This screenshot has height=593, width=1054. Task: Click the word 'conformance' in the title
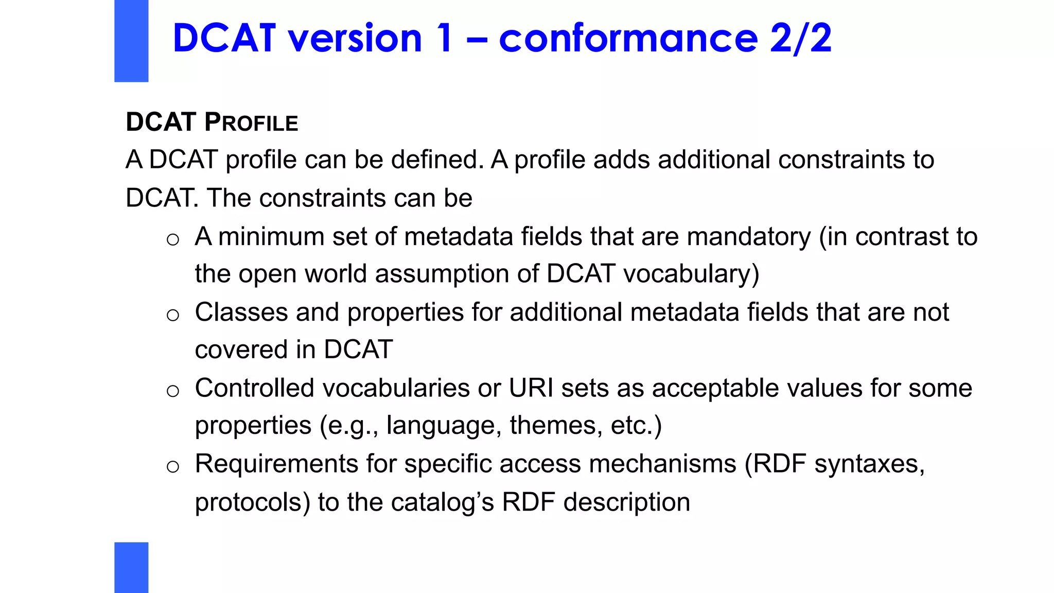(628, 39)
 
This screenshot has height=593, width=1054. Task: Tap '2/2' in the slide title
(800, 39)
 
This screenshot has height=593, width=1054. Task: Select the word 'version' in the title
(355, 39)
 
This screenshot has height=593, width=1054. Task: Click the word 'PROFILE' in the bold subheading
(251, 123)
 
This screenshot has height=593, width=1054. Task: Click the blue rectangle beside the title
(131, 41)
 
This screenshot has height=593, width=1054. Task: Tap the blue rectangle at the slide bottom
(131, 567)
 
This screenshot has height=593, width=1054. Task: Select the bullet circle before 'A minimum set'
(173, 239)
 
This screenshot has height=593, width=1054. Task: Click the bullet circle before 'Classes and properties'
(173, 315)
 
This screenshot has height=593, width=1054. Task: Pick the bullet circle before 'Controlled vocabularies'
(173, 391)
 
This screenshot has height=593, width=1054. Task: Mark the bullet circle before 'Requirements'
(173, 466)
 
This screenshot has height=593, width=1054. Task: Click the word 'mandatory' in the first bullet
(748, 237)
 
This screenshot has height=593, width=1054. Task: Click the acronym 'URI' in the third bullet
(531, 388)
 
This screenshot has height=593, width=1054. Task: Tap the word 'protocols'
(252, 502)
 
